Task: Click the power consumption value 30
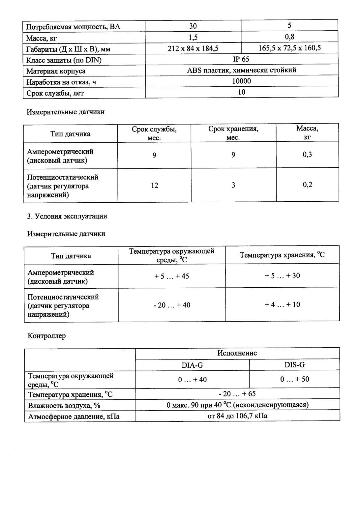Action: [x=193, y=26]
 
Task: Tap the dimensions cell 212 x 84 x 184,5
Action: [x=193, y=49]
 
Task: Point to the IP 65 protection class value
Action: [x=241, y=59]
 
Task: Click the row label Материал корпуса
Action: [x=56, y=71]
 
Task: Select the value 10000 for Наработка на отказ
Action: [x=241, y=81]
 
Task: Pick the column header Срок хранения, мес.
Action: [x=233, y=133]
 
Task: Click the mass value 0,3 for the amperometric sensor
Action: [x=307, y=155]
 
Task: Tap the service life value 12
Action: [x=154, y=186]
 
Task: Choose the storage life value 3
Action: [x=233, y=185]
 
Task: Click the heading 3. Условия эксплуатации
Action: [x=67, y=216]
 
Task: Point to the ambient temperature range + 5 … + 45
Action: [x=171, y=276]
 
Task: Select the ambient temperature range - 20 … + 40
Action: [x=171, y=305]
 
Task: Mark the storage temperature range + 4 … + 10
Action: [x=282, y=304]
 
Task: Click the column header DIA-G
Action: [x=192, y=365]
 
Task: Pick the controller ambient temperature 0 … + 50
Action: [x=294, y=379]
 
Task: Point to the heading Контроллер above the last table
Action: [x=47, y=336]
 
